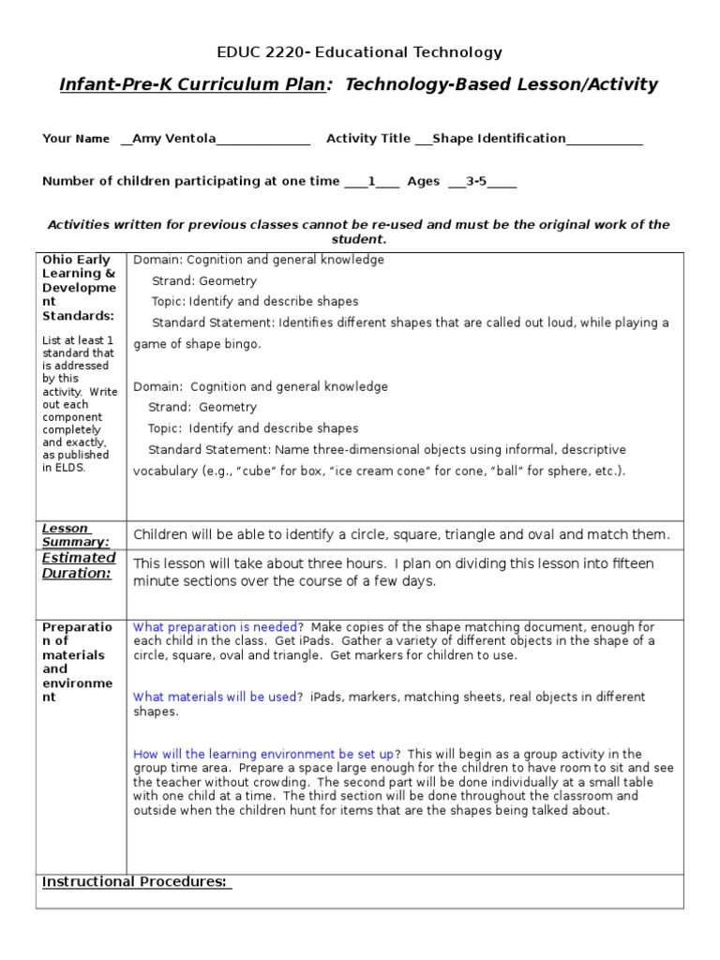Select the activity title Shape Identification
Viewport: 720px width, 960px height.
tap(499, 139)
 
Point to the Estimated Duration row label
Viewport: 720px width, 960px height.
tap(79, 565)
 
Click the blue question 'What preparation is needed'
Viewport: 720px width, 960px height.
tap(216, 626)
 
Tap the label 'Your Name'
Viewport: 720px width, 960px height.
tap(76, 139)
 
